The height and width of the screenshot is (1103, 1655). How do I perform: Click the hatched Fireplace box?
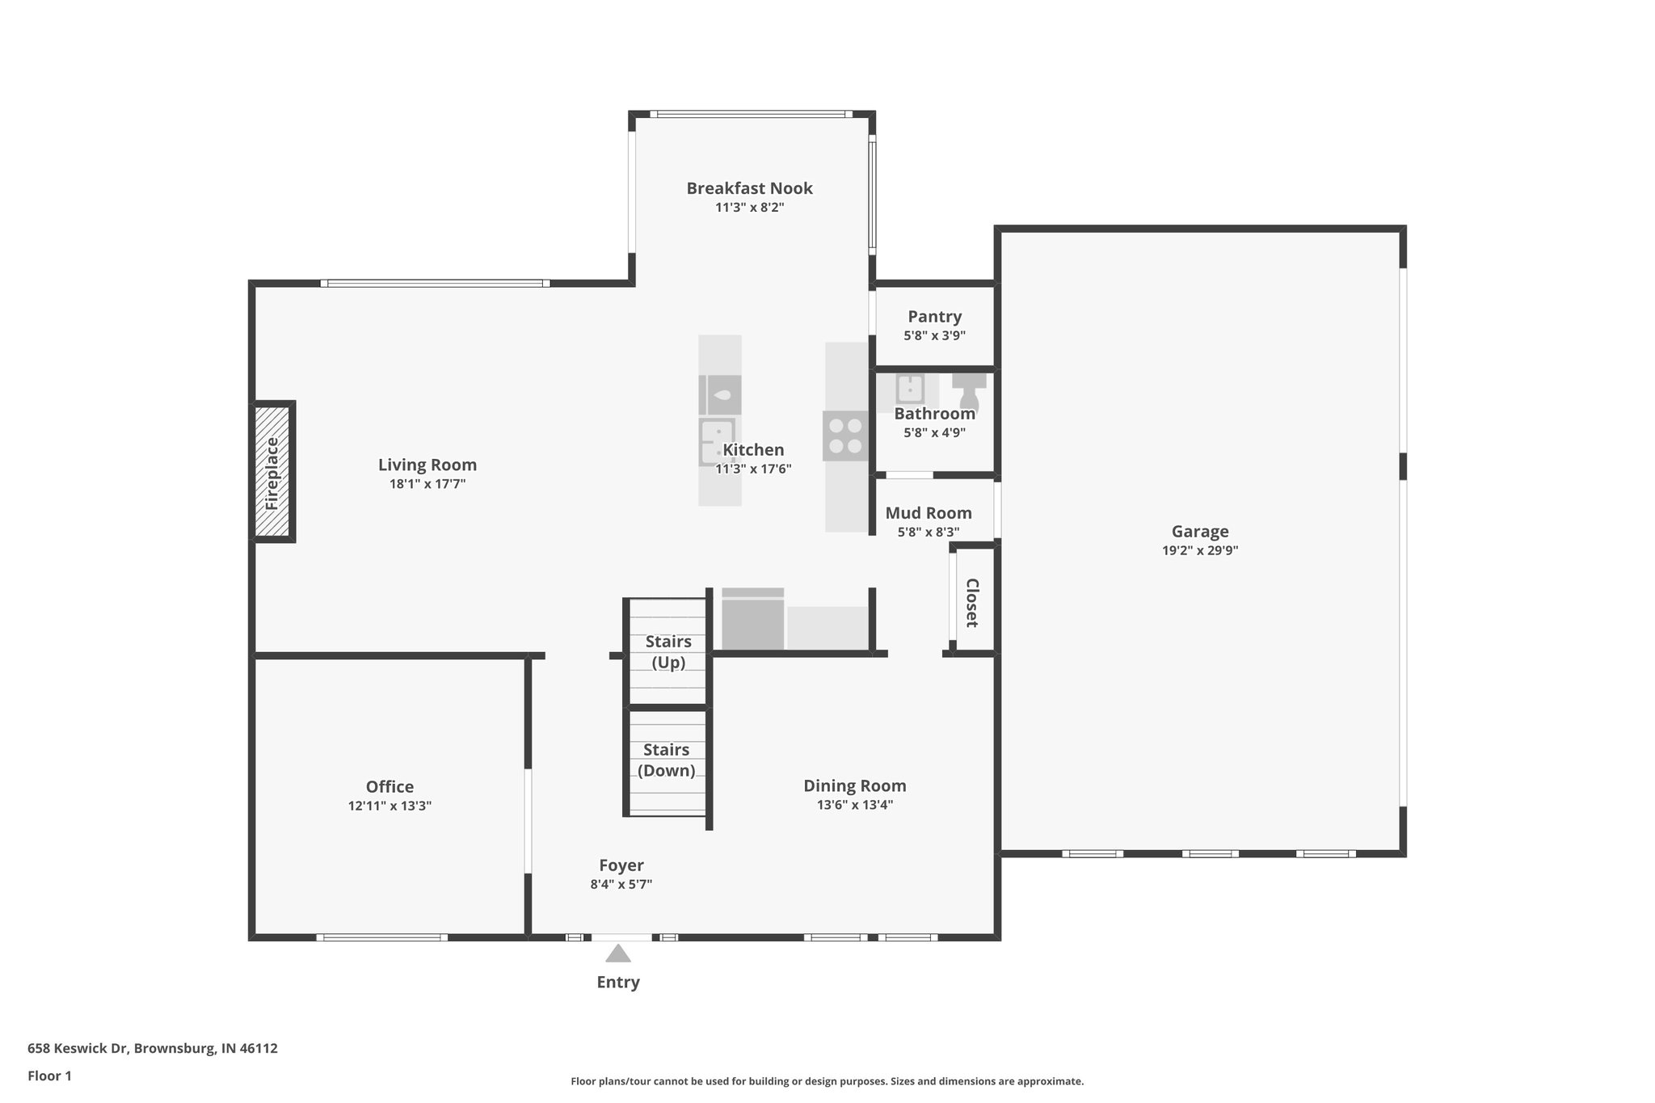[272, 472]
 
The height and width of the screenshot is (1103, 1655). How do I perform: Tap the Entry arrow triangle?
[618, 954]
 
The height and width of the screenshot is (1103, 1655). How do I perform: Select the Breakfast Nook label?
[750, 188]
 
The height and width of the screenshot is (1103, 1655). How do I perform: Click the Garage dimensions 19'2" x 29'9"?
[1200, 550]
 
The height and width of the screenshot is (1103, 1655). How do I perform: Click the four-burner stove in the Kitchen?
[845, 436]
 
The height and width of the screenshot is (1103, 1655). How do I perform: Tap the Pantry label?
[935, 316]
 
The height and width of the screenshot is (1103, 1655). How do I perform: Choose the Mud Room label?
[929, 513]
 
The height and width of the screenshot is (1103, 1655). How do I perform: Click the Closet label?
[972, 603]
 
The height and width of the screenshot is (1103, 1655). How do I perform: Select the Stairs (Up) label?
[668, 652]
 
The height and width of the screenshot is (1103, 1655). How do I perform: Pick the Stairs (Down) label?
[667, 760]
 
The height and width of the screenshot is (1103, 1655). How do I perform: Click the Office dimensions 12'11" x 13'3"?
[390, 806]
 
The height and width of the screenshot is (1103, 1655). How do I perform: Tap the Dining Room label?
[855, 785]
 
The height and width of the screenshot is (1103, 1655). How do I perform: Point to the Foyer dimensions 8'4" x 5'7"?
[621, 884]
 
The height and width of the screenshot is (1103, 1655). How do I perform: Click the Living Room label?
[427, 465]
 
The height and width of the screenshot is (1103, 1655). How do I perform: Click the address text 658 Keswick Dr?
[78, 1049]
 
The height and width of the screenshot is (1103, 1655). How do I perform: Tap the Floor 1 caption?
[49, 1076]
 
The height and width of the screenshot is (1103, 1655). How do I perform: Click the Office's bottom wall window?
[381, 937]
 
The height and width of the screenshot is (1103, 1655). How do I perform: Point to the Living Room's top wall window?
[436, 284]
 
